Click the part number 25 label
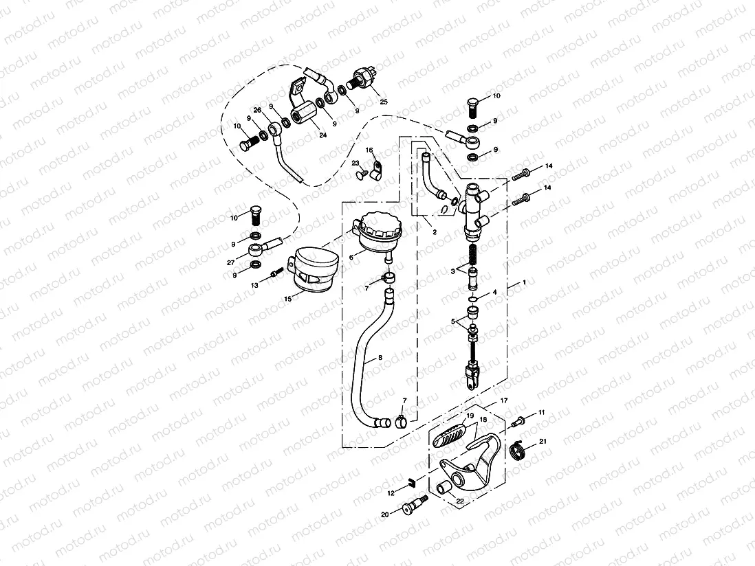[384, 102]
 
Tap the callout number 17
[504, 400]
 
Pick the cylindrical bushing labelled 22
[444, 488]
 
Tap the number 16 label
[369, 150]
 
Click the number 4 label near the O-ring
[493, 292]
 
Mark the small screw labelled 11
[521, 419]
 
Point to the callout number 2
[434, 233]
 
